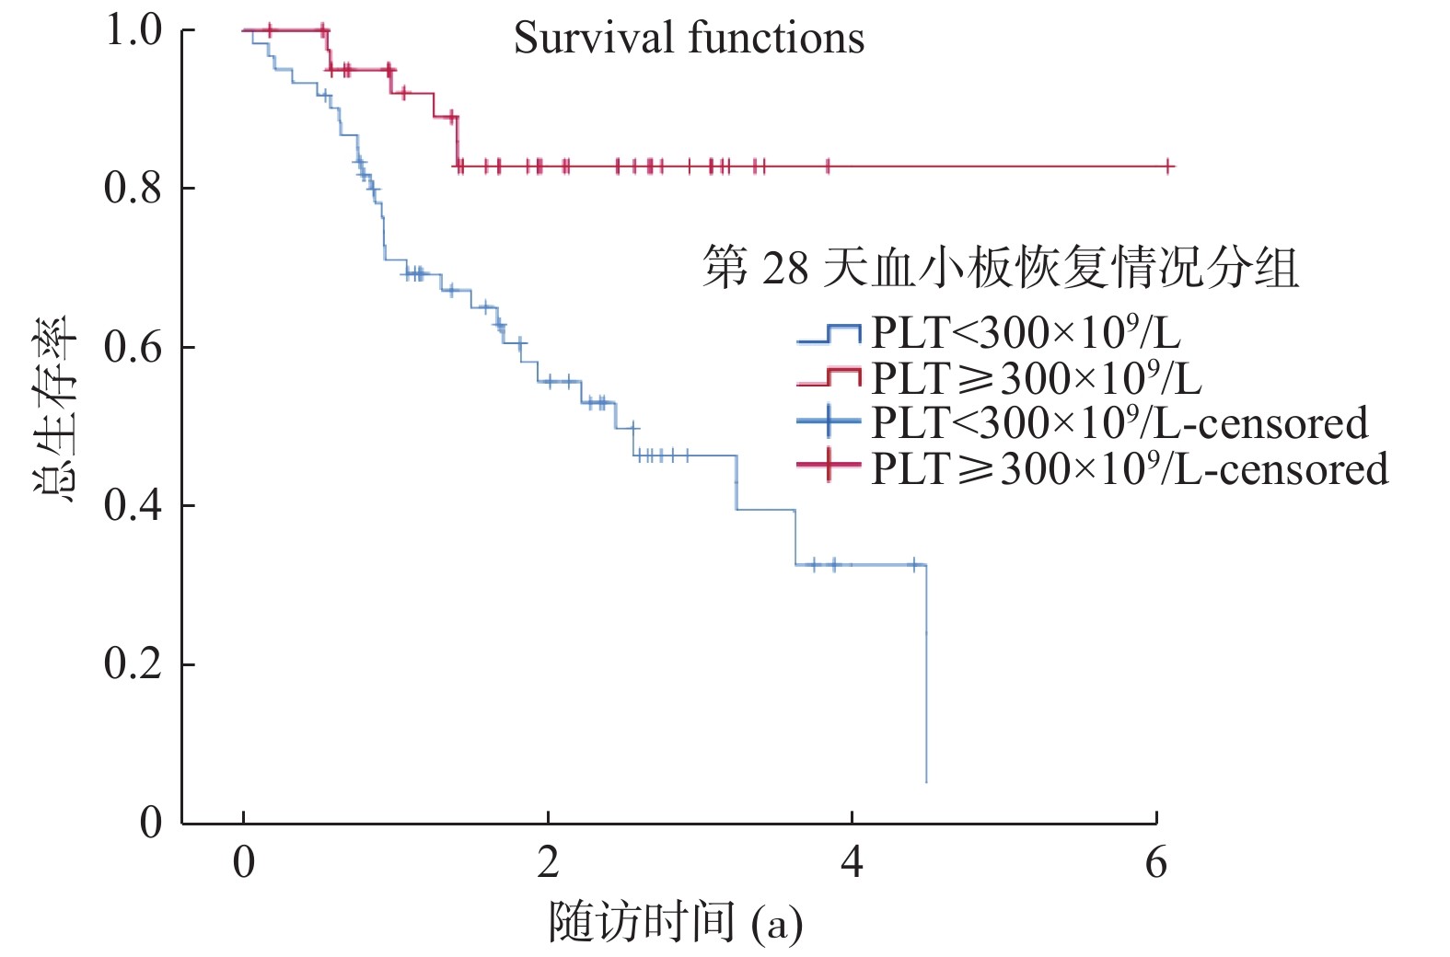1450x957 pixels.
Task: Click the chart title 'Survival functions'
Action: pos(689,39)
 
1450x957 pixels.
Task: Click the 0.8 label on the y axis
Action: pos(133,189)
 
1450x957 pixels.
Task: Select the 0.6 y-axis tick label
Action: pos(133,348)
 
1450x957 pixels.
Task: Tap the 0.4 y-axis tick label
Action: pos(133,506)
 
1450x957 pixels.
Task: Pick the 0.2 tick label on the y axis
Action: pos(133,664)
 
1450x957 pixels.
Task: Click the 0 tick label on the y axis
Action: pos(151,823)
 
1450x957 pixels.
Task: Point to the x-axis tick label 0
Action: pos(243,863)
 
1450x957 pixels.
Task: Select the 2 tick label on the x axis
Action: pos(548,863)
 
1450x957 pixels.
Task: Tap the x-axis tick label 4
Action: pos(852,863)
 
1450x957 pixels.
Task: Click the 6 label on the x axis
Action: pos(1155,863)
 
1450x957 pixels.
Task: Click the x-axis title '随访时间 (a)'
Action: pos(676,923)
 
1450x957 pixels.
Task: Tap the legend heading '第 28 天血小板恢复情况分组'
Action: pos(1001,269)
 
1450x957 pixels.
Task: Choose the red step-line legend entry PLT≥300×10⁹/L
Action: pos(1036,378)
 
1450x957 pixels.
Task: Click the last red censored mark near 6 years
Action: pos(1168,167)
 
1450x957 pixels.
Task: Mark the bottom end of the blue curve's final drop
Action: pos(926,782)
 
